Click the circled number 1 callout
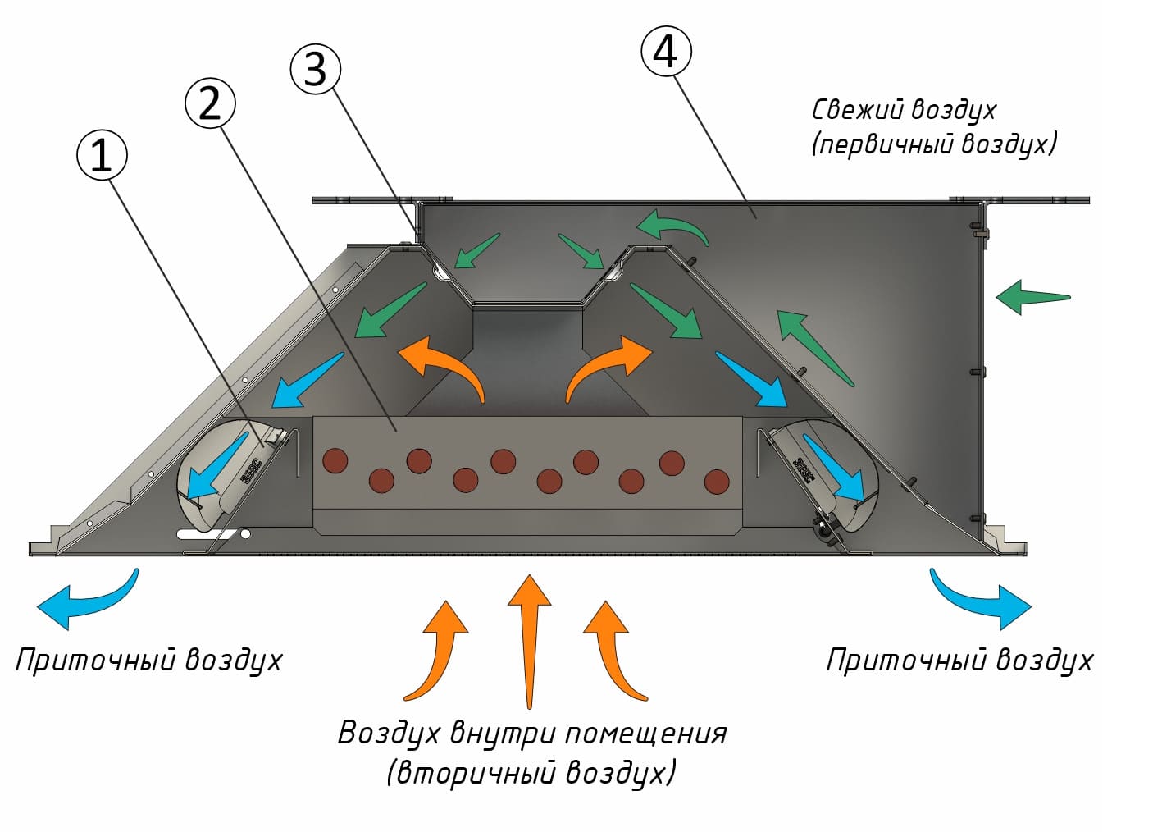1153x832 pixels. tap(102, 156)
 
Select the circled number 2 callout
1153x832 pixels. tap(211, 103)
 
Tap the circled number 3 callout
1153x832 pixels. tap(315, 69)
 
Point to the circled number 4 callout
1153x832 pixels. tap(665, 52)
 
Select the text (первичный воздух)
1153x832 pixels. tap(933, 144)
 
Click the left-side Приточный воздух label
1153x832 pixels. tap(148, 660)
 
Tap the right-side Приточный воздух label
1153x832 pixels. tap(959, 660)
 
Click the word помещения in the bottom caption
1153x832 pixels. tap(645, 733)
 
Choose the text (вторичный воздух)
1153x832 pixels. tap(531, 773)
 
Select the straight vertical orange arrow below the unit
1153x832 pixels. tap(530, 636)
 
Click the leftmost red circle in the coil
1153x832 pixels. tap(335, 460)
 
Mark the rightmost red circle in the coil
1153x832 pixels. tap(717, 481)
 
